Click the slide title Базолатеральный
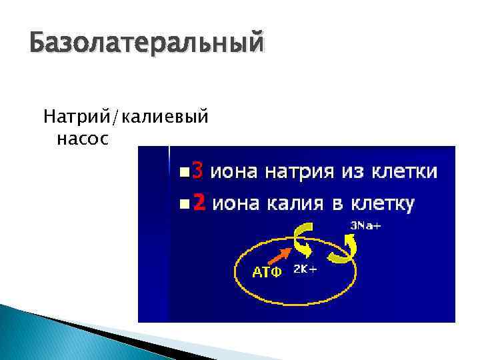coord(147,45)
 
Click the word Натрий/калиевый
coord(126,118)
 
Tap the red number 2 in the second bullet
coord(198,203)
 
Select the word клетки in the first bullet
coord(406,172)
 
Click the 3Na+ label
coord(365,225)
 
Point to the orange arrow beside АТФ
coord(280,256)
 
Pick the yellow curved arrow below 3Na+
coord(345,248)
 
